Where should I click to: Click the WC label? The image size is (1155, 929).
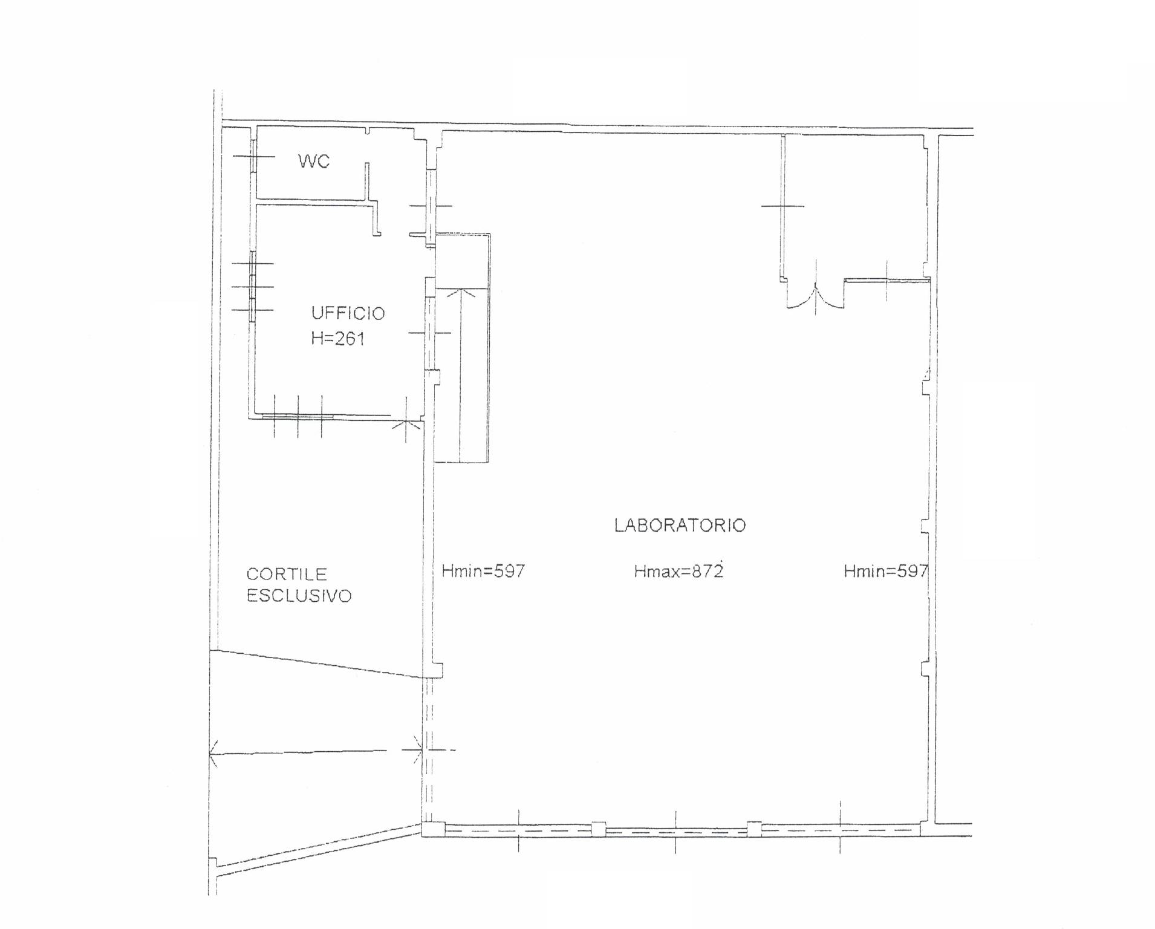click(314, 161)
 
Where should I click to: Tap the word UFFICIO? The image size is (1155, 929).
click(348, 313)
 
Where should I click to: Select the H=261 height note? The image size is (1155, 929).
click(338, 338)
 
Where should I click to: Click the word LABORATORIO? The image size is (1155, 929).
click(680, 525)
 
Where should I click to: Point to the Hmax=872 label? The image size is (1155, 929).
click(678, 571)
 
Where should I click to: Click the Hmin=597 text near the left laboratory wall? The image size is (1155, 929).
click(483, 571)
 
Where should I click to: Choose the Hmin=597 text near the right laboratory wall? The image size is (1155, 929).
click(886, 571)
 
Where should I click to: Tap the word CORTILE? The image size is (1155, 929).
click(287, 574)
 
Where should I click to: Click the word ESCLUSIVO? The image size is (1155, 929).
click(299, 596)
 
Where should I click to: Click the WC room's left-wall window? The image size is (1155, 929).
click(254, 156)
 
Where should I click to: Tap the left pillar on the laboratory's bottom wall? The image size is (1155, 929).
click(598, 829)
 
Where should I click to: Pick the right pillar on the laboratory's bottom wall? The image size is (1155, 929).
click(754, 829)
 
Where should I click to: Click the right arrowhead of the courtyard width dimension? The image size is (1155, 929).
click(417, 750)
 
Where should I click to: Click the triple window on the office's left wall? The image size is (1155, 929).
click(253, 287)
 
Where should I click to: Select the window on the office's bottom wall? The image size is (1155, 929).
click(298, 416)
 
